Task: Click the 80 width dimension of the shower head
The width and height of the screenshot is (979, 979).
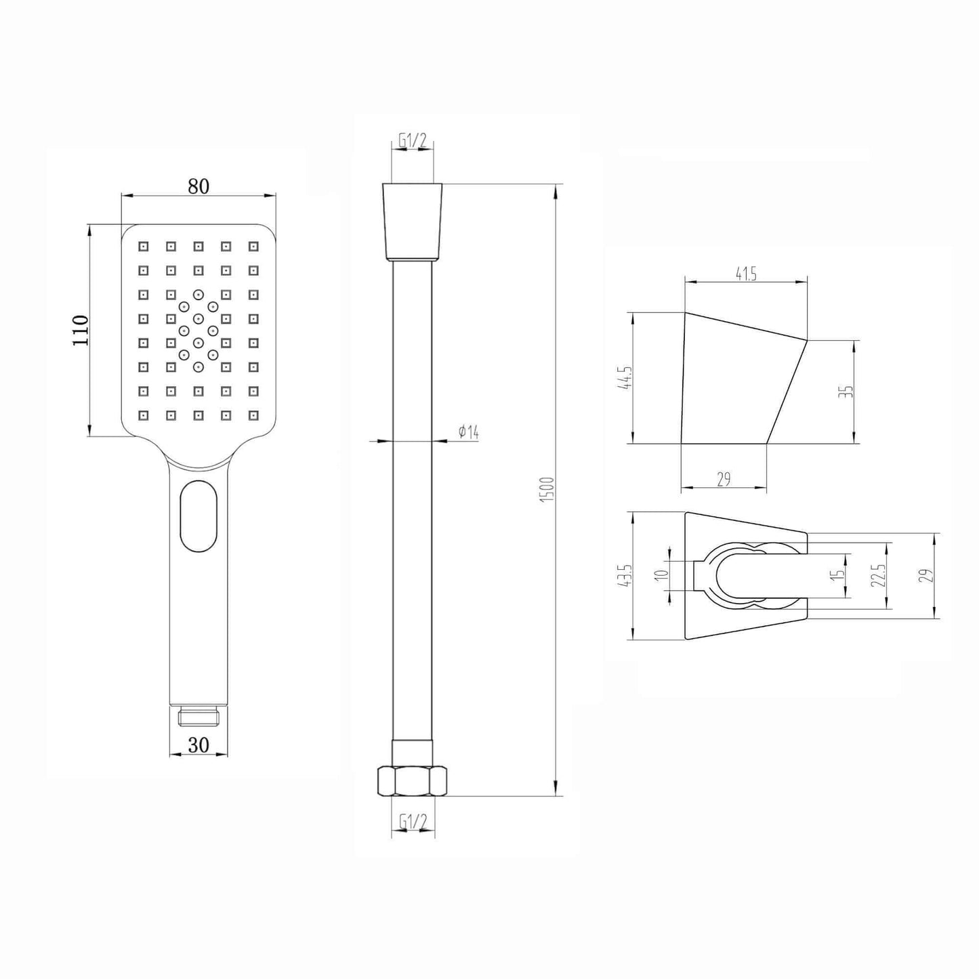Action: (198, 186)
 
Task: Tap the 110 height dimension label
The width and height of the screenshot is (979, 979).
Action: (81, 330)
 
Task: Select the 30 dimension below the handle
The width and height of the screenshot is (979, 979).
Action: (198, 745)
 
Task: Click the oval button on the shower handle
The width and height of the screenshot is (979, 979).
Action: (199, 517)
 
